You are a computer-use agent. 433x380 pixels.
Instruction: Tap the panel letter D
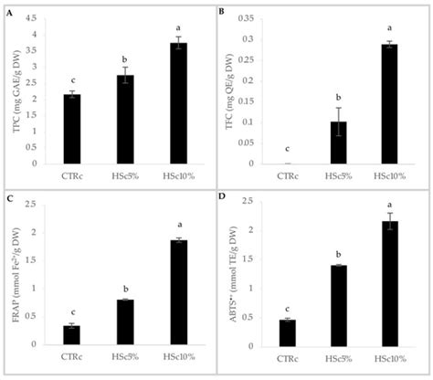coord(224,196)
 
